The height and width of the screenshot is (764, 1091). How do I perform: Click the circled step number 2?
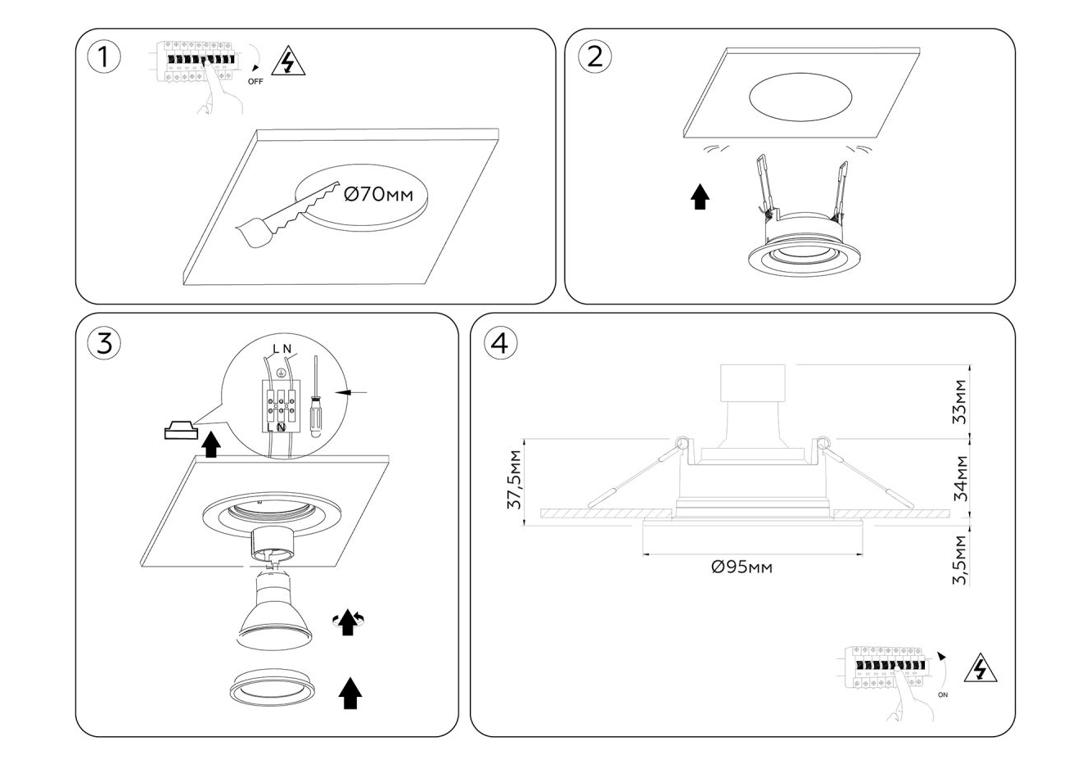(x=595, y=56)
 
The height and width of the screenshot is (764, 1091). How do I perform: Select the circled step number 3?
(x=104, y=343)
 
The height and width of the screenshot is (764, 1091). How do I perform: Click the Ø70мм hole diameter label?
(x=378, y=195)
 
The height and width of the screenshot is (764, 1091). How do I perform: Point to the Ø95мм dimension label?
(x=742, y=567)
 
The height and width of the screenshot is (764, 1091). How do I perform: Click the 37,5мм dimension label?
(x=515, y=479)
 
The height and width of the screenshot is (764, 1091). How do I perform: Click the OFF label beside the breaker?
(x=255, y=82)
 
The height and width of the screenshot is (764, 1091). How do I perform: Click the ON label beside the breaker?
(x=943, y=695)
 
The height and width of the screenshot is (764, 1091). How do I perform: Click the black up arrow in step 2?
(x=699, y=197)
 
